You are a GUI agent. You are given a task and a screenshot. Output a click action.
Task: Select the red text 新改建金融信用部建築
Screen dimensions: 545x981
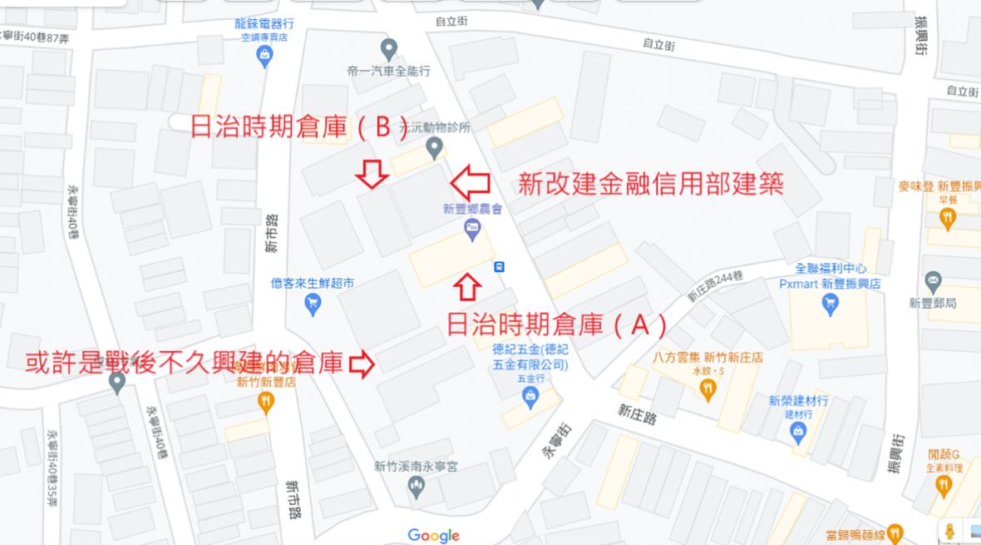[x=651, y=183]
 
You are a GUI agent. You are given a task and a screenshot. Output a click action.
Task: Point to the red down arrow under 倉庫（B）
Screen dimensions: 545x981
[x=371, y=175]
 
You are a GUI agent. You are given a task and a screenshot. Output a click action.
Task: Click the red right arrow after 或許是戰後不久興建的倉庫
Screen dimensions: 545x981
[x=362, y=363]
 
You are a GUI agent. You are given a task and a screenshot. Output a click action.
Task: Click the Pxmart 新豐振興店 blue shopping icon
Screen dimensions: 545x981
[x=830, y=305]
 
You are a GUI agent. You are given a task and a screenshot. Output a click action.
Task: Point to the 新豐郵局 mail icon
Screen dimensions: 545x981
[x=934, y=282]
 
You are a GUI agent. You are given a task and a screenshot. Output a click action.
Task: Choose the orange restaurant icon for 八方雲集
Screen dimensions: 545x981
[x=707, y=386]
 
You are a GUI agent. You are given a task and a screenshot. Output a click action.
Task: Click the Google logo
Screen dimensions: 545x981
[x=433, y=536]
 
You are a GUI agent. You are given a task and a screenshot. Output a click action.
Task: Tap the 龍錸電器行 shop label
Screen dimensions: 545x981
[x=264, y=25]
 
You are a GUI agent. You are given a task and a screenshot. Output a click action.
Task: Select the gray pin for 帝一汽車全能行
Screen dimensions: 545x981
[x=388, y=49]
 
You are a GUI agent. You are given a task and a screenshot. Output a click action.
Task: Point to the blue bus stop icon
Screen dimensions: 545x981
[x=500, y=266]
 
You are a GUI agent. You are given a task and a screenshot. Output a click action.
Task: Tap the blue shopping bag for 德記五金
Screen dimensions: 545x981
[x=530, y=399]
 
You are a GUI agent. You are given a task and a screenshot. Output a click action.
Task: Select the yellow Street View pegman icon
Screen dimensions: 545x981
[x=949, y=531]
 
